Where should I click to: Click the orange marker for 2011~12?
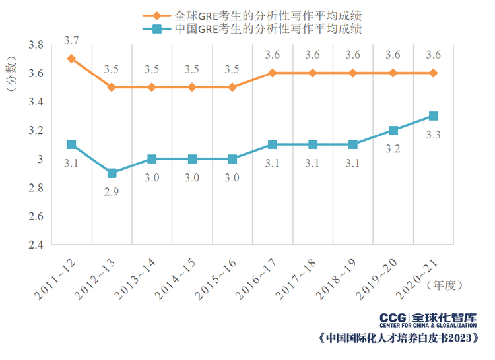[71, 59]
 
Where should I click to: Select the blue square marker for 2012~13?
[112, 173]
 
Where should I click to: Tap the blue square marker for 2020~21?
[434, 116]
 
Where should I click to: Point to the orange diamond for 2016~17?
[273, 73]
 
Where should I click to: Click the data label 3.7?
[71, 41]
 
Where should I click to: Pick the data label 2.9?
[112, 192]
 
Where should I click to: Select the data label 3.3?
[434, 135]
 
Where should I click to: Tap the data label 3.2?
[393, 149]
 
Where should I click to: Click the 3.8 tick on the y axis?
[35, 45]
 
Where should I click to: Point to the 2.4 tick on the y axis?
[35, 245]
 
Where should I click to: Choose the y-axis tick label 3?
[40, 159]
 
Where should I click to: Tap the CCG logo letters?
[394, 319]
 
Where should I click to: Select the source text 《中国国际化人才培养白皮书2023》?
[397, 339]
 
